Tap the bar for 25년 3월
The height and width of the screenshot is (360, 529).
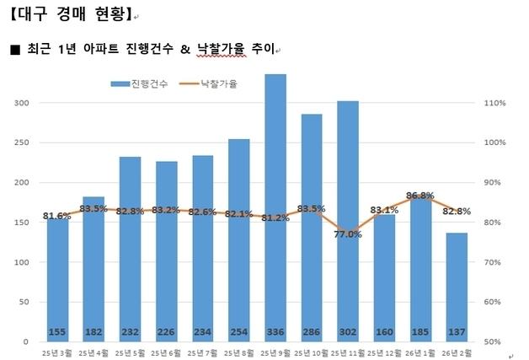point(57,278)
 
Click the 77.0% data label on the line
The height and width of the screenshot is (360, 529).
point(348,234)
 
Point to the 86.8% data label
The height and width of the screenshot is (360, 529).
point(419,196)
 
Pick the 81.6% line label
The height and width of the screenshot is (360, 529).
point(57,216)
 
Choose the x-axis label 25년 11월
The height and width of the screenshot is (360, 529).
point(347,352)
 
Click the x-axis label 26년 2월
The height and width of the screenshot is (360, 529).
point(457,352)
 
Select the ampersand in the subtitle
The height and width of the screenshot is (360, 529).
point(185,50)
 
